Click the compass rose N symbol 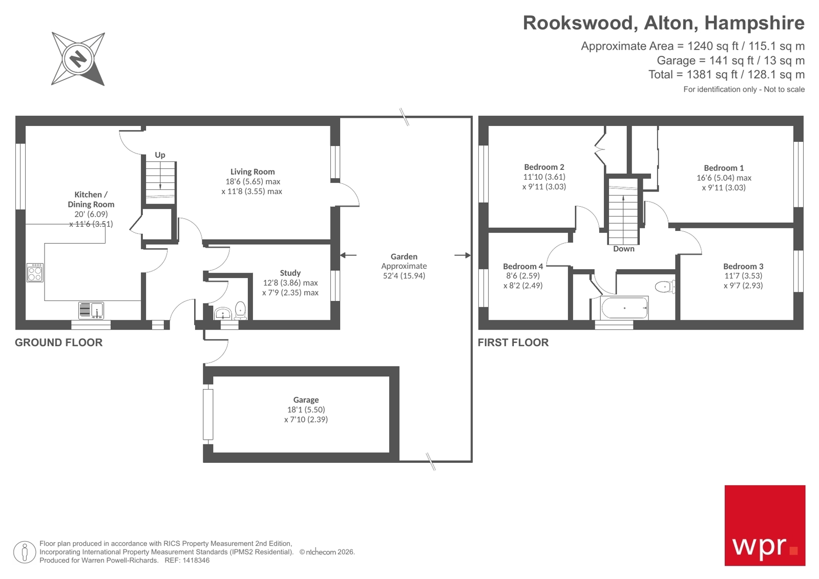pyautogui.click(x=78, y=59)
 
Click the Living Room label pyautogui.click(x=252, y=171)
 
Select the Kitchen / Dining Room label pyautogui.click(x=91, y=199)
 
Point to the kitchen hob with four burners pyautogui.click(x=35, y=272)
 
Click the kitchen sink pyautogui.click(x=92, y=310)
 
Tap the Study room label pyautogui.click(x=290, y=273)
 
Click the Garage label pyautogui.click(x=306, y=400)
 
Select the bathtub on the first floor pyautogui.click(x=624, y=308)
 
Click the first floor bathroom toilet pyautogui.click(x=665, y=287)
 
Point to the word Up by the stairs pyautogui.click(x=160, y=155)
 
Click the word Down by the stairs pyautogui.click(x=623, y=249)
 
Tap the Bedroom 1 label pyautogui.click(x=723, y=168)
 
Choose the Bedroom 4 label pyautogui.click(x=522, y=266)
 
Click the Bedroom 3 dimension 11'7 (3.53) pyautogui.click(x=743, y=276)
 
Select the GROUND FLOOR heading pyautogui.click(x=58, y=342)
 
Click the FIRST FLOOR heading pyautogui.click(x=513, y=342)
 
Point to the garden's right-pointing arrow pyautogui.click(x=462, y=255)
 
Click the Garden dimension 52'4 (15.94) pyautogui.click(x=404, y=276)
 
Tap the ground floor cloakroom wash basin pyautogui.click(x=223, y=313)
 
